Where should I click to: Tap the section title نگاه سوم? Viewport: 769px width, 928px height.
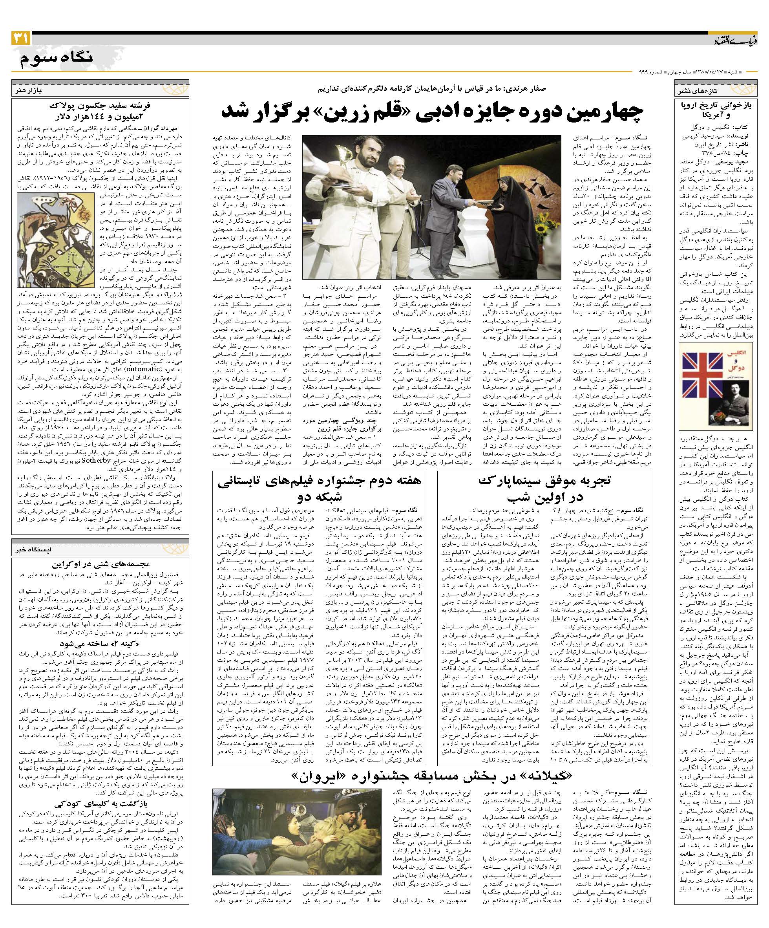[57, 59]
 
